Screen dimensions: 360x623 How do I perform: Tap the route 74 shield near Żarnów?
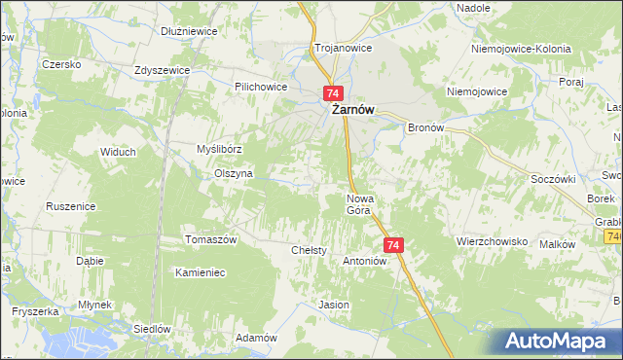click(333, 92)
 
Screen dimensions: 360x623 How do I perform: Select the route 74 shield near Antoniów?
click(393, 245)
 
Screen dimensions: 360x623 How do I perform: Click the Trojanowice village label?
click(338, 47)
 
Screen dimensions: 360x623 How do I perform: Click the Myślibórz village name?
click(219, 149)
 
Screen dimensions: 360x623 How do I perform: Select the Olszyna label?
click(234, 173)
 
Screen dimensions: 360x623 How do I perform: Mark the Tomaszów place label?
click(211, 239)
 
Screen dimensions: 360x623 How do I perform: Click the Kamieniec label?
click(200, 272)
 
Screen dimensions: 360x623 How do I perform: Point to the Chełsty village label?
click(309, 250)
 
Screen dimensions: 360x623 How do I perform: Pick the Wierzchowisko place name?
click(492, 240)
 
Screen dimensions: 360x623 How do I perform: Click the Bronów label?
click(425, 127)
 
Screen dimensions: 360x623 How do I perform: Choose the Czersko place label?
click(59, 64)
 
